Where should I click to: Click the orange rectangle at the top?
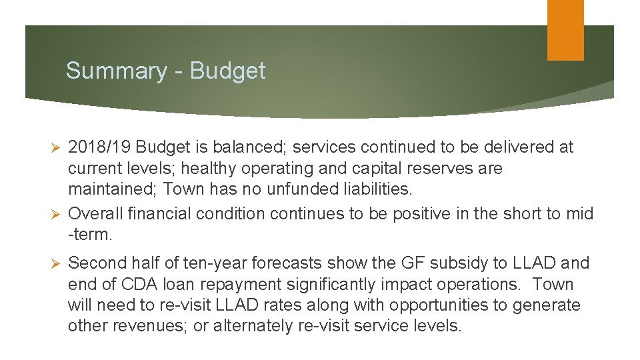[x=565, y=30]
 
